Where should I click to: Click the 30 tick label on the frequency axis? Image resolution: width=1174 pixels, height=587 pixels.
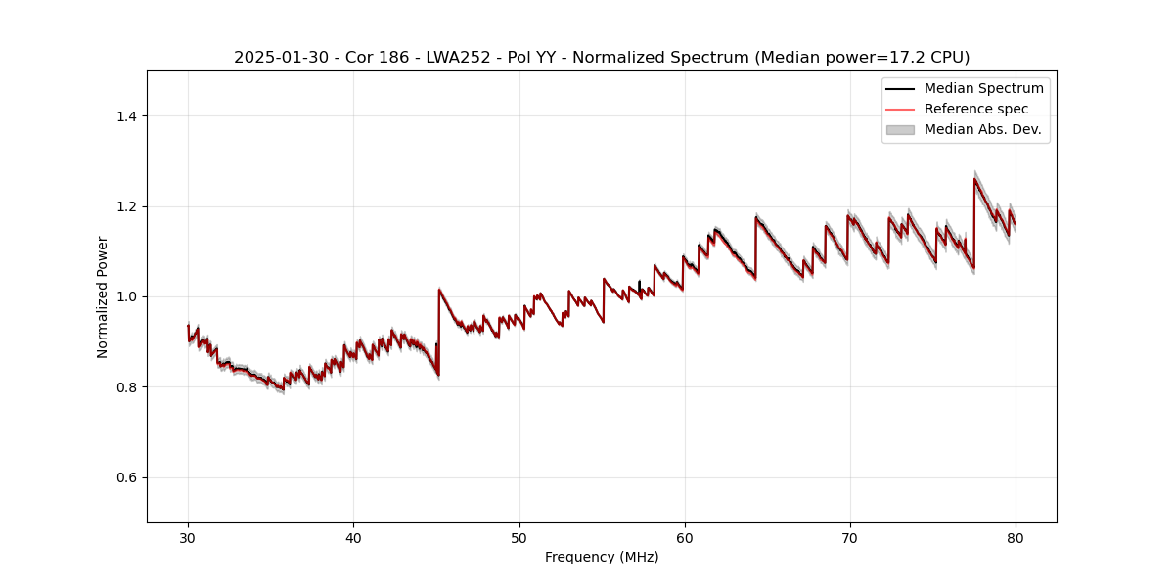pyautogui.click(x=188, y=537)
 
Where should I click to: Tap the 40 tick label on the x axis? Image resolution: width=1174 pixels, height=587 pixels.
pyautogui.click(x=353, y=537)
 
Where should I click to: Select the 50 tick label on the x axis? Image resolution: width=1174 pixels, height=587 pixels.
pyautogui.click(x=519, y=537)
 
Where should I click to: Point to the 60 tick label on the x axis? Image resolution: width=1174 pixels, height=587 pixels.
pyautogui.click(x=685, y=537)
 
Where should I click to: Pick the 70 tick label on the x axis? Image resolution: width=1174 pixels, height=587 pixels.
pyautogui.click(x=850, y=537)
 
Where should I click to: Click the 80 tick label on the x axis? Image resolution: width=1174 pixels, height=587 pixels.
pyautogui.click(x=1016, y=537)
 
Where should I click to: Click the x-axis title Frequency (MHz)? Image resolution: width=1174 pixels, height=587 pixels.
pyautogui.click(x=602, y=557)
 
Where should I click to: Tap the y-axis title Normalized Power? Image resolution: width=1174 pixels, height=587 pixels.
pyautogui.click(x=103, y=296)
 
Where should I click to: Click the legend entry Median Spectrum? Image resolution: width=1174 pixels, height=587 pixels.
pyautogui.click(x=983, y=88)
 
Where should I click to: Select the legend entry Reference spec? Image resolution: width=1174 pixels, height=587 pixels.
pyautogui.click(x=975, y=109)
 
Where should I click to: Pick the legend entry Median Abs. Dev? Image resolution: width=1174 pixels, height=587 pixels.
pyautogui.click(x=982, y=129)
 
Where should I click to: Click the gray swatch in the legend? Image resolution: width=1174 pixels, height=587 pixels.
pyautogui.click(x=900, y=129)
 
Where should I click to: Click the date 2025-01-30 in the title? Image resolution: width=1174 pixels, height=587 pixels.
pyautogui.click(x=275, y=58)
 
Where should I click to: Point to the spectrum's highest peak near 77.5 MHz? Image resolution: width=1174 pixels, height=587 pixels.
pyautogui.click(x=974, y=179)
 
